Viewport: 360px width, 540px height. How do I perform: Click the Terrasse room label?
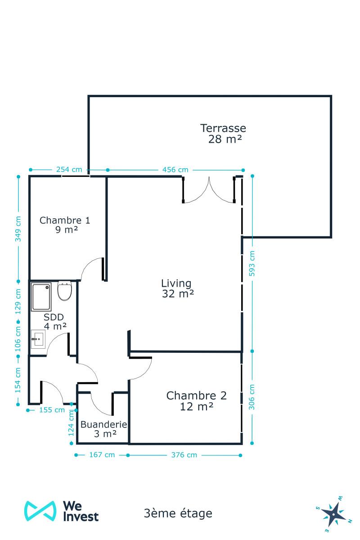coord(223,128)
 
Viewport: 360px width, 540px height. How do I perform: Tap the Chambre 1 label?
coord(65,220)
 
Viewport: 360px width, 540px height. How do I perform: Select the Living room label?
coord(176,283)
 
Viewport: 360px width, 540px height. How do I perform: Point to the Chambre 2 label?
coord(197,396)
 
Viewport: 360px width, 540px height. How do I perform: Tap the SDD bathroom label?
coord(54,317)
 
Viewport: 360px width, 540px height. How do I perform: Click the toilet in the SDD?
coord(65,291)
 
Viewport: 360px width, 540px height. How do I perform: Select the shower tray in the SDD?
coord(41,297)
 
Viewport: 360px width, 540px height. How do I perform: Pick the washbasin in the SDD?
coord(38,339)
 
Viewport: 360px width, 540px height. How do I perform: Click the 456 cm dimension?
coord(175,170)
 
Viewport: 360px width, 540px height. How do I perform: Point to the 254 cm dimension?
coord(69,170)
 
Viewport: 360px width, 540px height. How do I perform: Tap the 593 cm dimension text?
coord(252,264)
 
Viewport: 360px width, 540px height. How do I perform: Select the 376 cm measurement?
coord(184,455)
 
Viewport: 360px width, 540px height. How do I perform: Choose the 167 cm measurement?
coord(102,454)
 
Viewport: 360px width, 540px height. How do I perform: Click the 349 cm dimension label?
coord(18,229)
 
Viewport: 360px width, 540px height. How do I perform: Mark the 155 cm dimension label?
coord(52,410)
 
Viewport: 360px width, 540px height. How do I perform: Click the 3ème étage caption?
coord(178,513)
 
